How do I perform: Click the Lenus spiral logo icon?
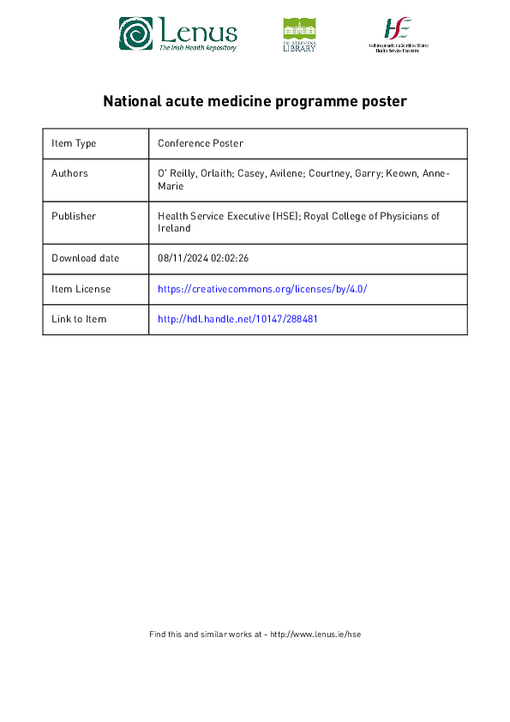click(x=135, y=34)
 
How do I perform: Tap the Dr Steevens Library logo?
click(x=299, y=34)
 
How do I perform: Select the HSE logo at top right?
click(x=398, y=34)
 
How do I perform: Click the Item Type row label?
click(x=74, y=143)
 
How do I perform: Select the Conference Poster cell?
click(x=201, y=143)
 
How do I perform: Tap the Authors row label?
click(x=69, y=173)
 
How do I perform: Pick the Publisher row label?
click(x=74, y=216)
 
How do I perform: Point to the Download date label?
click(x=85, y=258)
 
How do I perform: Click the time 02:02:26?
click(x=231, y=258)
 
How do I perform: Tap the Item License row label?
click(x=81, y=289)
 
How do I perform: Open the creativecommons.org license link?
click(x=262, y=289)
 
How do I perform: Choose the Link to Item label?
click(x=79, y=319)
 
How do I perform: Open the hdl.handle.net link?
click(x=237, y=319)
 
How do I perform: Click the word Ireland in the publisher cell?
click(x=174, y=229)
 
